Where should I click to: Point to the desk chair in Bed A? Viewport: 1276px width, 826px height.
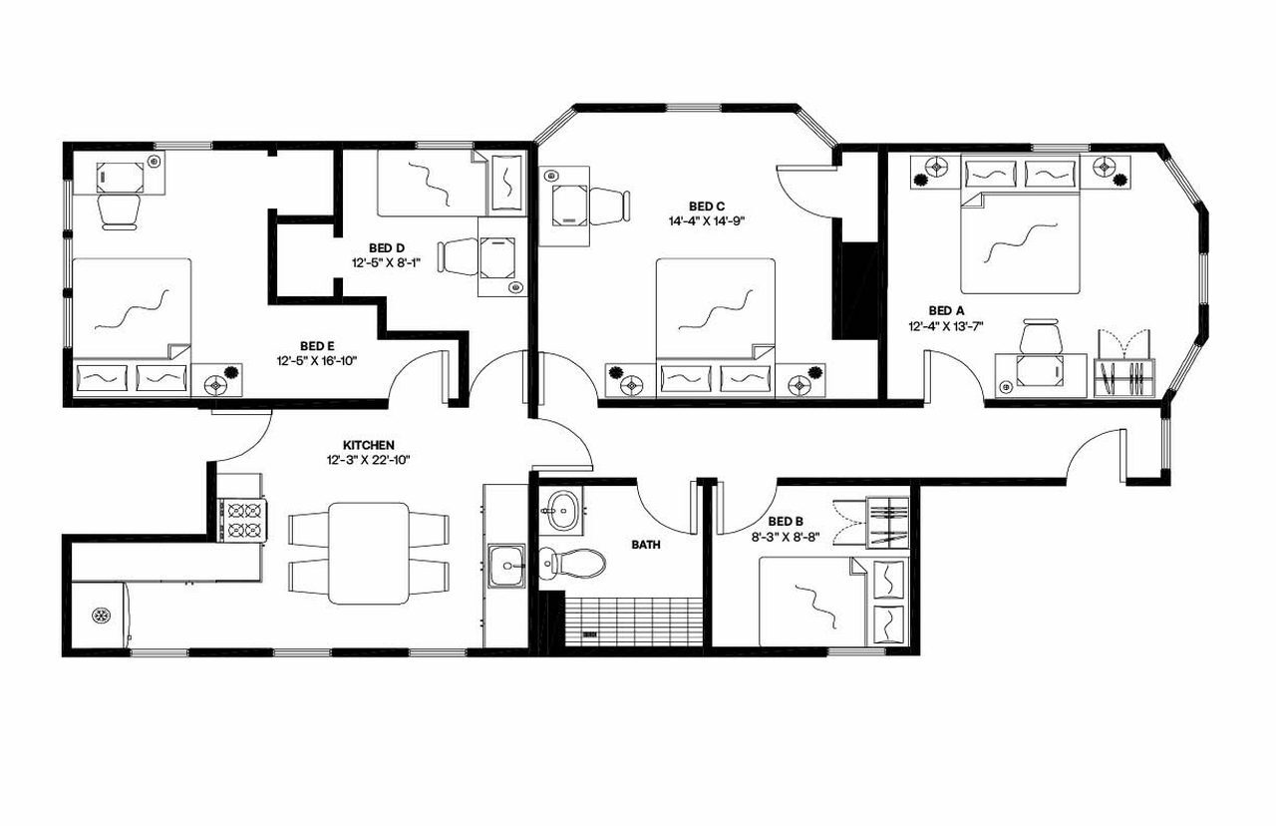pyautogui.click(x=1039, y=336)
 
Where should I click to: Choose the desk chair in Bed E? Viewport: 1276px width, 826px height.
pyautogui.click(x=120, y=210)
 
